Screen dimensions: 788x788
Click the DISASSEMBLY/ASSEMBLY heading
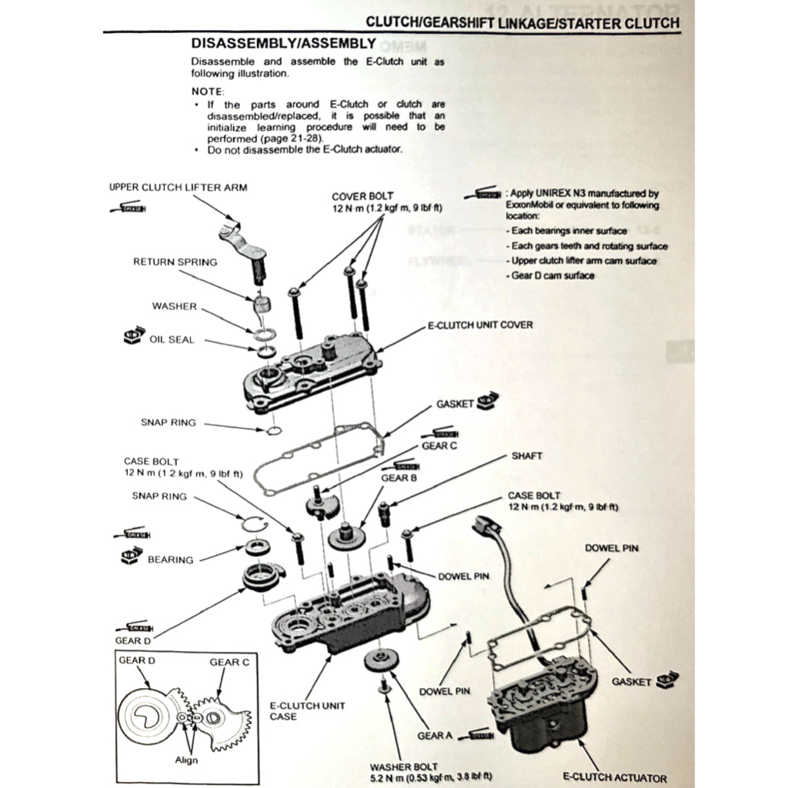click(283, 44)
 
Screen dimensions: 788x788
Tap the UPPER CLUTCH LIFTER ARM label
click(179, 187)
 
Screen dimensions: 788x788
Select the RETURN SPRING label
click(175, 262)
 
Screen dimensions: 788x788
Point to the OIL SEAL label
click(172, 339)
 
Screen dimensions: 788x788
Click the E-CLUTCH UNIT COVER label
click(480, 326)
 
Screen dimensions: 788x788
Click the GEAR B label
click(399, 478)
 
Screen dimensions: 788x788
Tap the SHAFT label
click(526, 456)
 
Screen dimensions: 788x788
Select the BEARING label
click(170, 559)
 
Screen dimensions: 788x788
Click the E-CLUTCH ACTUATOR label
click(615, 778)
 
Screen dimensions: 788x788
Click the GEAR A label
click(435, 735)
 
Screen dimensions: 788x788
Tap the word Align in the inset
click(186, 760)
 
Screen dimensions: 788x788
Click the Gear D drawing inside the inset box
click(147, 716)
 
